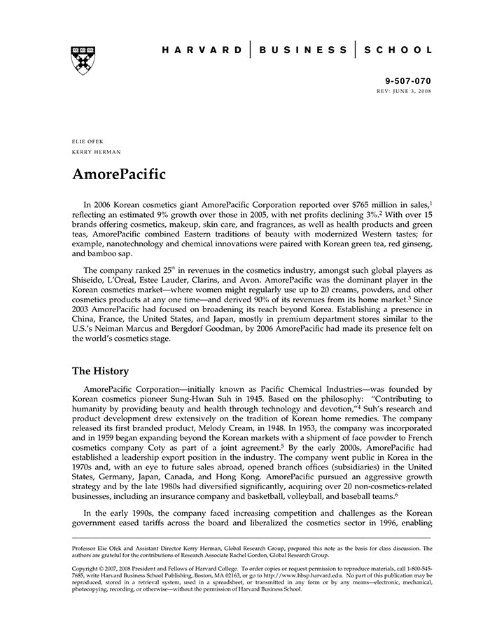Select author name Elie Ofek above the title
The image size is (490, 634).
[87, 141]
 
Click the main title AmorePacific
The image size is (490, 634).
[119, 174]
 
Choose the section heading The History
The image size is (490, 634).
[101, 371]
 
